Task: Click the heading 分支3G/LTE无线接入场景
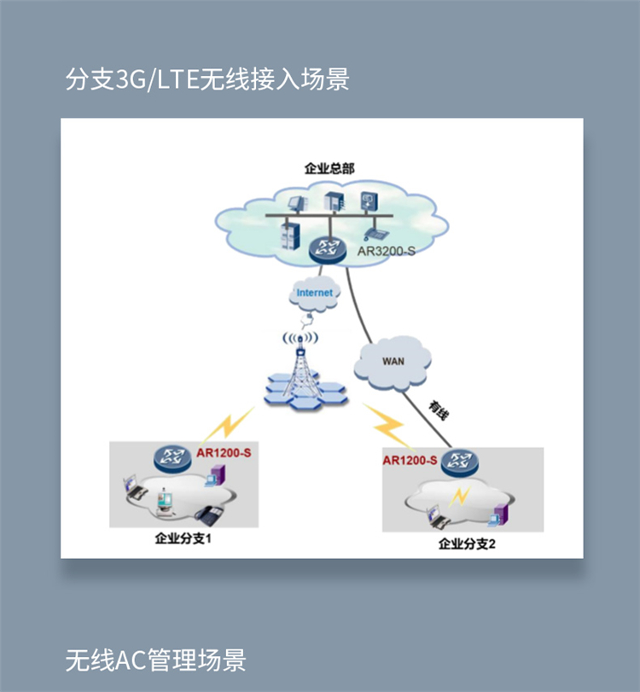(x=207, y=79)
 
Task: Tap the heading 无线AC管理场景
(x=155, y=660)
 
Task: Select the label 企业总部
(x=329, y=168)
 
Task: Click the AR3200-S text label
(x=387, y=251)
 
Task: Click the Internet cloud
(x=314, y=293)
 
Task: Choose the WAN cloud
(x=393, y=363)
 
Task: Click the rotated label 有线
(x=439, y=410)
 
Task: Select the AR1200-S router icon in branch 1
(x=172, y=458)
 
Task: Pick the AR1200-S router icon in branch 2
(x=459, y=462)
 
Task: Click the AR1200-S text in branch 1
(x=224, y=453)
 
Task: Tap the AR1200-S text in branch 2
(x=410, y=460)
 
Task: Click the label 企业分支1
(x=183, y=538)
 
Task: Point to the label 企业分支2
(x=467, y=544)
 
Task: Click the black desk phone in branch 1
(x=210, y=515)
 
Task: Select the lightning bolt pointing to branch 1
(x=228, y=425)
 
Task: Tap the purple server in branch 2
(x=499, y=515)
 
